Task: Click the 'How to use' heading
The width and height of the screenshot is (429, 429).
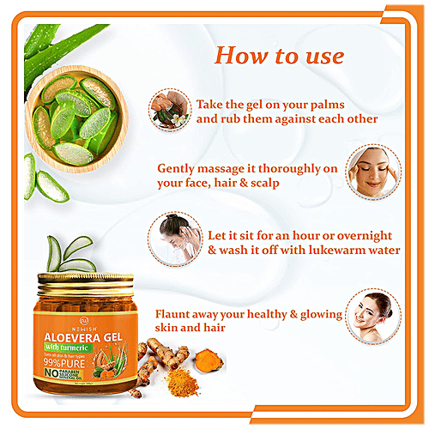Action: coord(278,57)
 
